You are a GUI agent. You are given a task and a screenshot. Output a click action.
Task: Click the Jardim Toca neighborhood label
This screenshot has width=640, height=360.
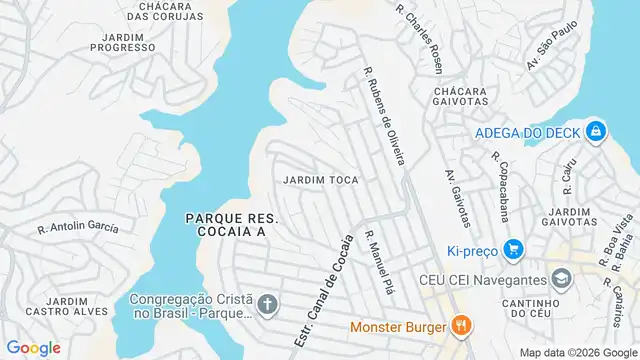point(321,180)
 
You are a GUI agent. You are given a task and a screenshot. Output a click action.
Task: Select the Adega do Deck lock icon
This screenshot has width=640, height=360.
point(595,130)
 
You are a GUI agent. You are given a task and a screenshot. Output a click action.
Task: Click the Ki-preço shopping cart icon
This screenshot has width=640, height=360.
point(514,249)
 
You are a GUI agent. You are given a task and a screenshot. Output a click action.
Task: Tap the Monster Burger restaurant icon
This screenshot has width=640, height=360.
point(460,325)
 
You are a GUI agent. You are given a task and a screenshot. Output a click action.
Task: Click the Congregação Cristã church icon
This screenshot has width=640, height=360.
point(267,303)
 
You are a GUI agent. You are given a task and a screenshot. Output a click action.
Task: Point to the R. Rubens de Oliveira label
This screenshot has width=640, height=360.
point(385,116)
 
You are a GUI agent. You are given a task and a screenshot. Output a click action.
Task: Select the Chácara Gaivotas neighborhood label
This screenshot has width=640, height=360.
point(461,95)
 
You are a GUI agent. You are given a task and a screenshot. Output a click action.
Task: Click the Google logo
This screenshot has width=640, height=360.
point(33,347)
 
